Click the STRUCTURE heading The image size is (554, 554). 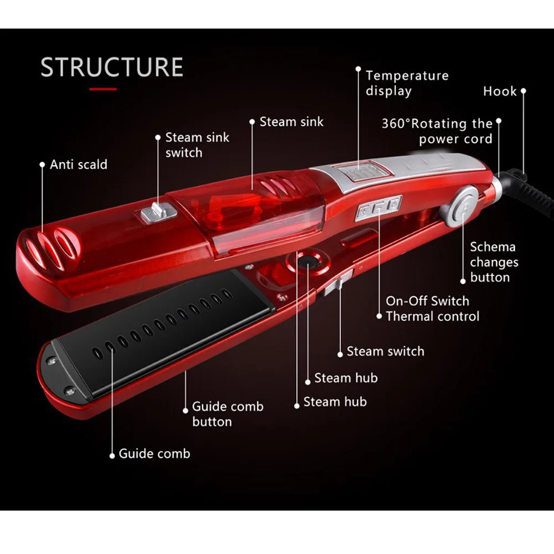point(111,66)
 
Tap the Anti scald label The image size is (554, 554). point(78,165)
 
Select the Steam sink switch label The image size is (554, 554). point(197,145)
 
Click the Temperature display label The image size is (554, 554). point(407,83)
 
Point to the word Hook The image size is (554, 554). point(500,91)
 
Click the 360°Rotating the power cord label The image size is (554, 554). point(437,131)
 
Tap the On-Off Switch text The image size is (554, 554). point(427,301)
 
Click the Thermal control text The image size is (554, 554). point(432,316)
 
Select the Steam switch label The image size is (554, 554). point(385,351)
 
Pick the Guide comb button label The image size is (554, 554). point(227,414)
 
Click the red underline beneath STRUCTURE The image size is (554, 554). point(103,89)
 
